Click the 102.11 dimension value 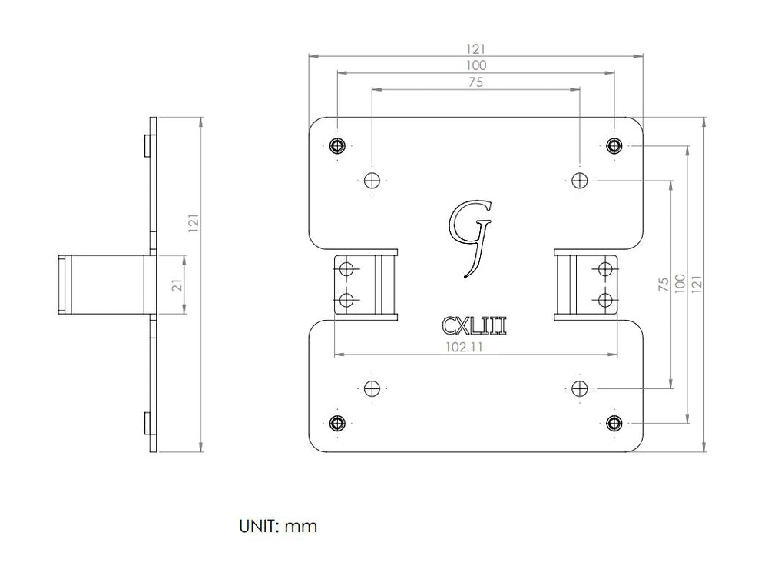pos(464,348)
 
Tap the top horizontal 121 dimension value pos(475,49)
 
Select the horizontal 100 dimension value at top pos(475,65)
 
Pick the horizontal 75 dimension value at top pos(475,82)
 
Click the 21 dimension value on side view pos(177,285)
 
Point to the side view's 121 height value pos(194,223)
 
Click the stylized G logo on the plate pos(470,238)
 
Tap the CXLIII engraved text pos(474,325)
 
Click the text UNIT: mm pos(278,526)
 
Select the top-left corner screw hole pos(337,145)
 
